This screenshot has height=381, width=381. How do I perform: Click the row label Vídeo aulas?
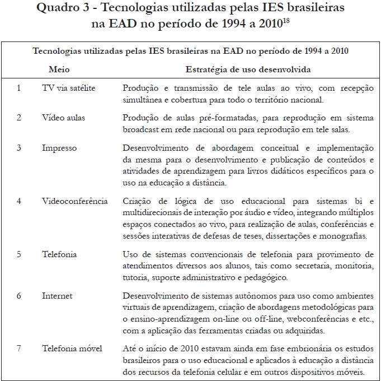[x=64, y=118]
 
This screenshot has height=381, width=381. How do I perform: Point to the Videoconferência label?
[x=74, y=201]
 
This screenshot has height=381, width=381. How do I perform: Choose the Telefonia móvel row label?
[x=72, y=349]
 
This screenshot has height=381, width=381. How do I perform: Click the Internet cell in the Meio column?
[x=57, y=295]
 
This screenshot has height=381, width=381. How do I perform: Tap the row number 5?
[x=19, y=254]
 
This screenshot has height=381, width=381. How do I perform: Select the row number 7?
[x=19, y=349]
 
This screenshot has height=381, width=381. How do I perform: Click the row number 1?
[x=19, y=88]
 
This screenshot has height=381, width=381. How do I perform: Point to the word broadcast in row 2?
[x=141, y=129]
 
